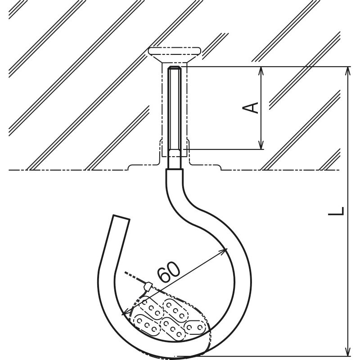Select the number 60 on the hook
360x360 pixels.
point(169,272)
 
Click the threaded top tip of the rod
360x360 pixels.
point(175,70)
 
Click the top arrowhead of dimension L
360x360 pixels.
point(347,71)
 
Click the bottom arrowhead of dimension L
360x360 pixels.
point(347,351)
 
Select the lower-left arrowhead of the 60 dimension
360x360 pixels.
point(126,312)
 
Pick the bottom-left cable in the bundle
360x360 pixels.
point(147,325)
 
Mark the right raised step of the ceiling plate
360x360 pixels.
point(220,167)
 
